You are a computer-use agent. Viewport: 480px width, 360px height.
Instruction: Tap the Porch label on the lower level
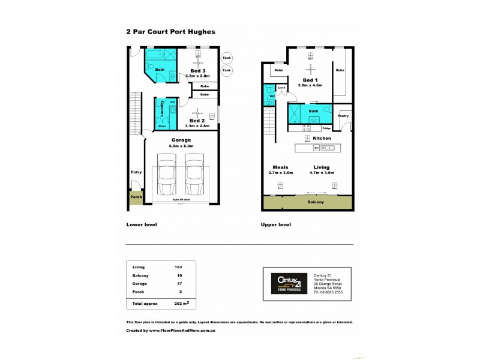click(x=136, y=197)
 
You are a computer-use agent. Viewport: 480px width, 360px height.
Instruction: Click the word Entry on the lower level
click(x=136, y=172)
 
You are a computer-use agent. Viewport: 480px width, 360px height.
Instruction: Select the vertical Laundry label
click(x=161, y=109)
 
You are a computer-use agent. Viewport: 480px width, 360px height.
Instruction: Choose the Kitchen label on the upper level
click(x=322, y=138)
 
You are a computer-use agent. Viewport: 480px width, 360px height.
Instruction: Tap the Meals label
click(x=280, y=167)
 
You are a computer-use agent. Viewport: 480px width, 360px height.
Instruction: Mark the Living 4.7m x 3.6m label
click(x=321, y=170)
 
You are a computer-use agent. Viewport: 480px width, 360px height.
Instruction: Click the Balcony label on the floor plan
click(x=316, y=202)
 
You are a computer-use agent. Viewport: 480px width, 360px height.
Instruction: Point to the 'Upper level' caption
click(x=276, y=224)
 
